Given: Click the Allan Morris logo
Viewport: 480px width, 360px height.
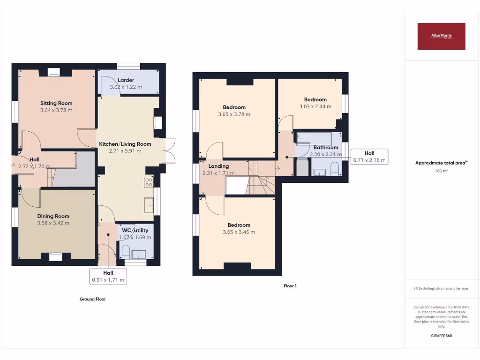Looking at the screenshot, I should [441, 36].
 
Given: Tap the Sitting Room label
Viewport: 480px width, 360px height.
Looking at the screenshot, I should [56, 103].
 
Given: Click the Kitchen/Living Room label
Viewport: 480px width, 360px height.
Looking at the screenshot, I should [125, 144].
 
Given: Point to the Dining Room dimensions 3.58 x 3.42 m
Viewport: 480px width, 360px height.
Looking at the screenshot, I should [53, 223].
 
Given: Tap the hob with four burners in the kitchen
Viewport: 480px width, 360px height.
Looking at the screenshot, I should [149, 182].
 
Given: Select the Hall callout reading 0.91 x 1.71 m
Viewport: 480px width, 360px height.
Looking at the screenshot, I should [108, 276].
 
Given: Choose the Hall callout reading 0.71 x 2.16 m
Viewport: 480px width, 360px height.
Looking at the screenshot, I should [369, 157].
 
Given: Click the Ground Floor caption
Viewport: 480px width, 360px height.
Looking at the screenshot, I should [92, 299].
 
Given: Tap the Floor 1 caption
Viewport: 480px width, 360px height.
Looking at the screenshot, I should [290, 285].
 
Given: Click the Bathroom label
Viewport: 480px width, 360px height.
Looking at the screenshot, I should [326, 147].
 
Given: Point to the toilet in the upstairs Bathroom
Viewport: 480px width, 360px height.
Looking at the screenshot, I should [335, 169].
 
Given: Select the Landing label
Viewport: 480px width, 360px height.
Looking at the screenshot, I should [218, 166].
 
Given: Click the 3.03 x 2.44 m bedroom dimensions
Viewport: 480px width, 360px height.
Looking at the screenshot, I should [315, 106].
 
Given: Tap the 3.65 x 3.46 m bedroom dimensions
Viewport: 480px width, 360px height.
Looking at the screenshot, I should [239, 232].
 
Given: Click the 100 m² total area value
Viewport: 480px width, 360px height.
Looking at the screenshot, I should [441, 171].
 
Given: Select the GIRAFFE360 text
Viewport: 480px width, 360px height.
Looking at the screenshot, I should [441, 336].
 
